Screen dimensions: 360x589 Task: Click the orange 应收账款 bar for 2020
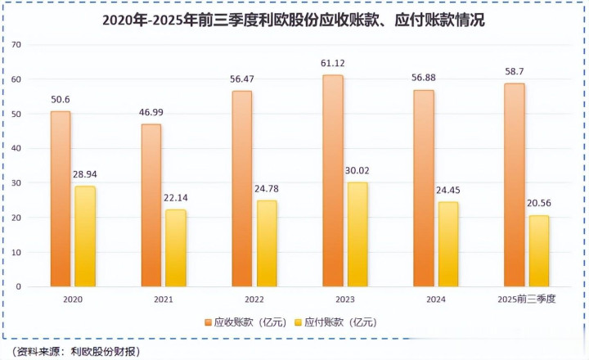coord(60,199)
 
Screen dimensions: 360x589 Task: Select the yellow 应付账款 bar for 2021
coord(176,248)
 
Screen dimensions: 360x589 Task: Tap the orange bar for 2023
coord(333,181)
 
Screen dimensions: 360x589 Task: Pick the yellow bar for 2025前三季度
coord(538,250)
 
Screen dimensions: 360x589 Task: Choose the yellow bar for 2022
coord(267,243)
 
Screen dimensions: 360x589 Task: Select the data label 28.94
coord(84,174)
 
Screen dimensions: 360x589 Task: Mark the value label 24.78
coord(268,188)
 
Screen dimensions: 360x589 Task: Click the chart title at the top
coord(294,20)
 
